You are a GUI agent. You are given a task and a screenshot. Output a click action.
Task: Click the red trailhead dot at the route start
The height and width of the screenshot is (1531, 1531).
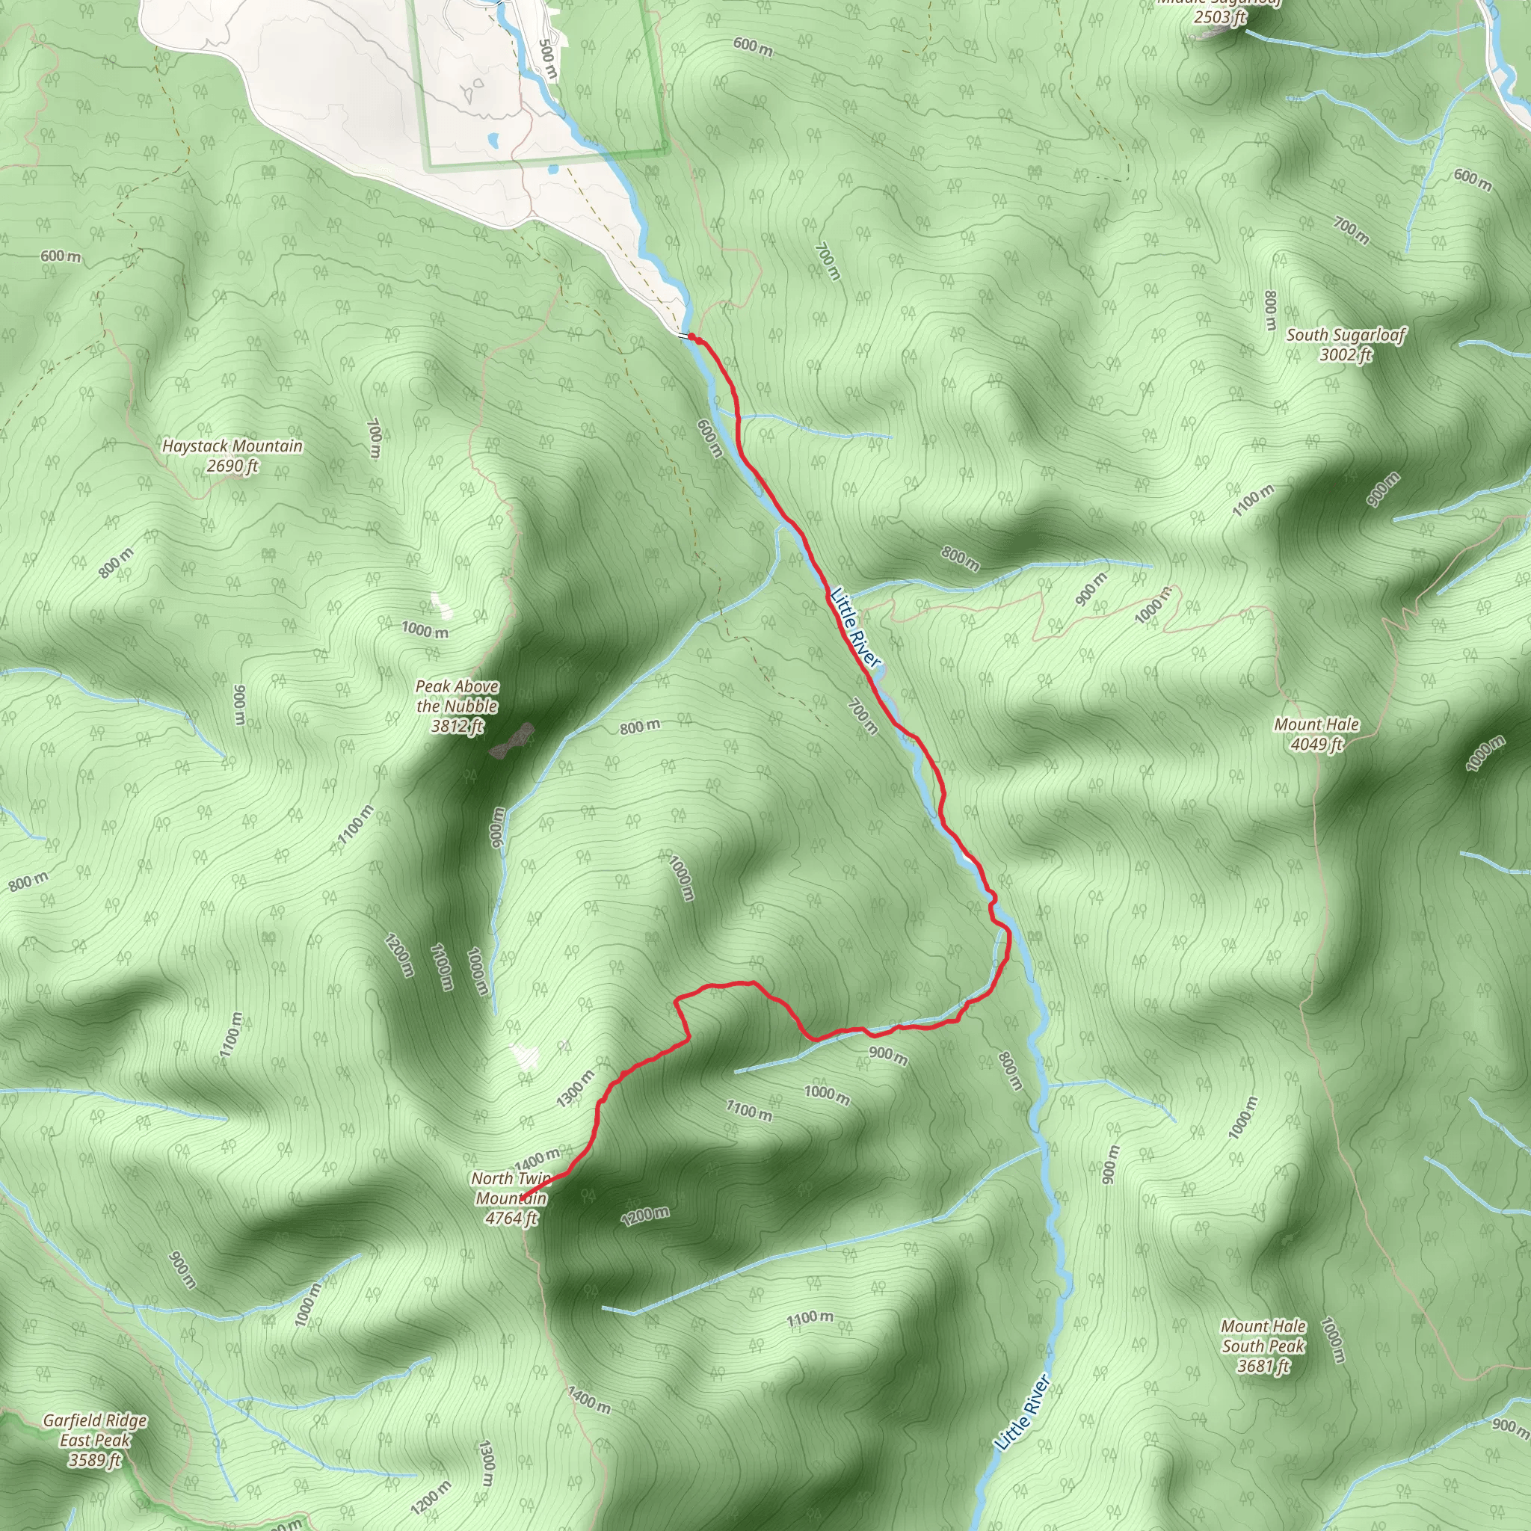(691, 338)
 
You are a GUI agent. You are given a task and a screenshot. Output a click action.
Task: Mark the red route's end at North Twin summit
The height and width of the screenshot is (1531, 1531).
(522, 1199)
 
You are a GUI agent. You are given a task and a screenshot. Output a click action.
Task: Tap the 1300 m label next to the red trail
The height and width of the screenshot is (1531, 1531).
(576, 1088)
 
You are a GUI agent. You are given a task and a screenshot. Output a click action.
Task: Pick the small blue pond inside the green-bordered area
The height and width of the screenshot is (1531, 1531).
(493, 141)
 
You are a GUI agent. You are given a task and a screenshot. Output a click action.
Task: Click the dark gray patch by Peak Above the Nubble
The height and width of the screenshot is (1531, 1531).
(512, 740)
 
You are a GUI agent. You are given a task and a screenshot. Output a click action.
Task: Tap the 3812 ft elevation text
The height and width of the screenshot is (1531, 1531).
(458, 725)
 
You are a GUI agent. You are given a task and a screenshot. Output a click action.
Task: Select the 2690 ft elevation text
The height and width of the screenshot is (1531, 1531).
(232, 465)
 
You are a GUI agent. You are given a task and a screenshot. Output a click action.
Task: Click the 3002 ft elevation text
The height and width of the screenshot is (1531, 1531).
(1346, 354)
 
